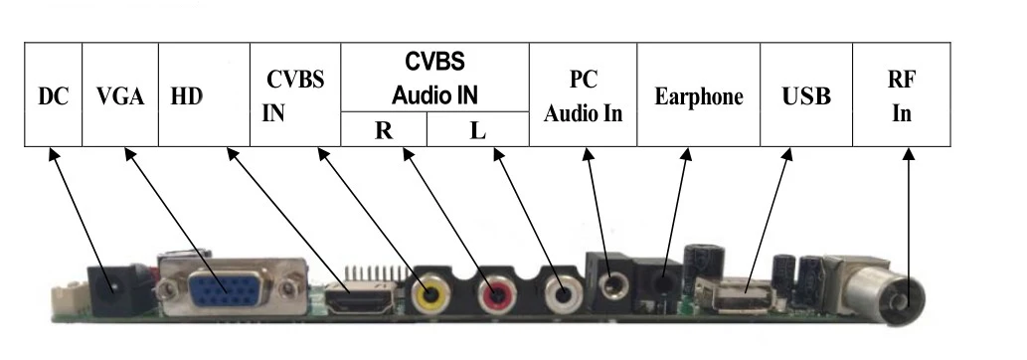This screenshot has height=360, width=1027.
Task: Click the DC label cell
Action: tap(54, 96)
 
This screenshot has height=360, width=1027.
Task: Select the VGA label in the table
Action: tap(120, 96)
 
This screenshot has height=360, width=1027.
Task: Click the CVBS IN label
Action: tap(294, 96)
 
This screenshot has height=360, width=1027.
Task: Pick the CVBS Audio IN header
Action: tap(434, 78)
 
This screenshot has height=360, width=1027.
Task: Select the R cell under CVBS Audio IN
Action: tap(384, 129)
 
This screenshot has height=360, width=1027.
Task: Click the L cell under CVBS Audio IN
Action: tap(477, 129)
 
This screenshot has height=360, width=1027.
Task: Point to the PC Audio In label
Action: tap(583, 96)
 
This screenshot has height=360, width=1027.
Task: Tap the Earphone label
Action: tap(699, 96)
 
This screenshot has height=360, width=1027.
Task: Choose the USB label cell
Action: tap(806, 96)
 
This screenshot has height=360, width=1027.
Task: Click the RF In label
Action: tap(902, 96)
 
